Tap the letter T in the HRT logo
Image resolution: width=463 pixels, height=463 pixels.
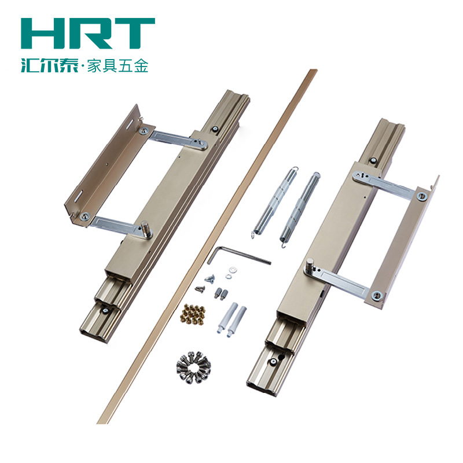pyautogui.click(x=133, y=34)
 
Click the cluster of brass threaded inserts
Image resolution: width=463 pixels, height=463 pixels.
pyautogui.click(x=193, y=314)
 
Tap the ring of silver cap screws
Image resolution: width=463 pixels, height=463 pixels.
pyautogui.click(x=194, y=368)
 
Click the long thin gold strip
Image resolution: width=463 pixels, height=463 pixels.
pyautogui.click(x=207, y=247)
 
